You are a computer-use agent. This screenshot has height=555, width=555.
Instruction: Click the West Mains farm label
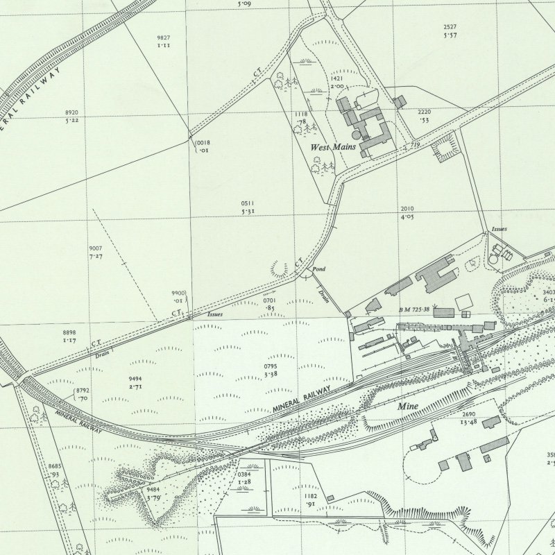point(333,147)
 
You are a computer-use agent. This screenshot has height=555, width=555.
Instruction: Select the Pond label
point(318,268)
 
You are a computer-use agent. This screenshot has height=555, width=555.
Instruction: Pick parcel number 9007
point(96,248)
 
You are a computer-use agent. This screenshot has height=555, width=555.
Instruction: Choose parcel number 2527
point(450,27)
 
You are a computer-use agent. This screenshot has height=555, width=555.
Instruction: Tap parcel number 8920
point(71,112)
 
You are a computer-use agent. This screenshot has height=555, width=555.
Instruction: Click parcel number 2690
point(469,413)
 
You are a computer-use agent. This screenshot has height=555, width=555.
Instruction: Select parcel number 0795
point(271,366)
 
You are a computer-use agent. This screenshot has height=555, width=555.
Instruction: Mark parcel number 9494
point(135,378)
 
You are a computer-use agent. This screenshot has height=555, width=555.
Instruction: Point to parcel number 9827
point(164,37)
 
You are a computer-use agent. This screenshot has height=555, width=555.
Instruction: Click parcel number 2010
point(407,209)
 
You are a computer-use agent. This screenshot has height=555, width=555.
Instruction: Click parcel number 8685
point(55,466)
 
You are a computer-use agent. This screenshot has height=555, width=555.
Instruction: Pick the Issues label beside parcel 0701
point(215,314)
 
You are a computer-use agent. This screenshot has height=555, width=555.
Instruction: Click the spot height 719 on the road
point(415,144)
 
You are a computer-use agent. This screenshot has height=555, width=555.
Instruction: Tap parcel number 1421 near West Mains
point(338,78)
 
